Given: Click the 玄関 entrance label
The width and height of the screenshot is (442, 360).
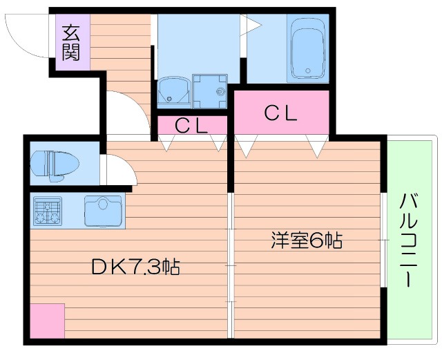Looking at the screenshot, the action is [x=70, y=43].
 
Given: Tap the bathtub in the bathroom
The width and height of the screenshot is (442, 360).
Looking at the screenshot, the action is [x=308, y=48].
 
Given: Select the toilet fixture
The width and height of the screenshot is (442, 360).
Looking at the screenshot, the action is [x=55, y=166].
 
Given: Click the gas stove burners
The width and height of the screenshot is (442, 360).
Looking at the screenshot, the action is [x=48, y=211].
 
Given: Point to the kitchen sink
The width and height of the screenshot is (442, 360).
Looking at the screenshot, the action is [x=104, y=211].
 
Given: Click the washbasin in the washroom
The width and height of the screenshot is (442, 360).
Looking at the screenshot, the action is [x=173, y=90].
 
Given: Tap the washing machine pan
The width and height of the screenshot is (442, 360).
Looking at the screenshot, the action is [x=210, y=91].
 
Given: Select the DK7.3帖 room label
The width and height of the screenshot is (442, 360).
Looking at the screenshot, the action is [x=135, y=267].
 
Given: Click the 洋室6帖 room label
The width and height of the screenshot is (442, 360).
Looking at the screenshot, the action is [x=307, y=240].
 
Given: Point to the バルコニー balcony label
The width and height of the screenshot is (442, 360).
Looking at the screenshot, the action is [x=409, y=240].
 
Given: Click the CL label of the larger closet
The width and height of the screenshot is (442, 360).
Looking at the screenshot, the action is [x=281, y=113].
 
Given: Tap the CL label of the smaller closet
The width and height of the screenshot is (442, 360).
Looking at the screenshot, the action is [x=191, y=126].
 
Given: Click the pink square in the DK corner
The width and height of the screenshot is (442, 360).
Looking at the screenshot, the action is [x=48, y=321].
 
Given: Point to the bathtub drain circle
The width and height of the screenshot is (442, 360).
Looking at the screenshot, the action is [x=308, y=70].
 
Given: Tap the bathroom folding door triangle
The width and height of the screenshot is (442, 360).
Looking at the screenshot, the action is [x=251, y=25].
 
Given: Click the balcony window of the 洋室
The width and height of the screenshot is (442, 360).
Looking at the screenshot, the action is [x=383, y=240].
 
